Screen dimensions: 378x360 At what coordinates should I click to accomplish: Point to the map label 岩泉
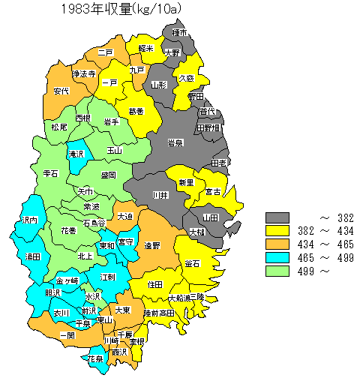click(175, 142)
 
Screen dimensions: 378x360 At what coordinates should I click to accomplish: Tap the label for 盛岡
click(108, 175)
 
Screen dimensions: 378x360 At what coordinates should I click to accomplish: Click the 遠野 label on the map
click(152, 245)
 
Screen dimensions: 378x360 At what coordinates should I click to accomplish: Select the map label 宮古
click(213, 192)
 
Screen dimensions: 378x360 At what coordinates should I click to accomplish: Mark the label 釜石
click(191, 263)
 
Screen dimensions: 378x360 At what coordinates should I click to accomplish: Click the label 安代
click(61, 91)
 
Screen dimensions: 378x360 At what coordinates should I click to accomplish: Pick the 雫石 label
click(51, 173)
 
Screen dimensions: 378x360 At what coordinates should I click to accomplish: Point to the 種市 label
click(179, 34)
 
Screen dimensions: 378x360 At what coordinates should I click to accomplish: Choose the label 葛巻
click(136, 112)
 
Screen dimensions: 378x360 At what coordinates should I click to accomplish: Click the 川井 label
click(160, 195)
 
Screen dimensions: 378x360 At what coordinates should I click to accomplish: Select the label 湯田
click(32, 257)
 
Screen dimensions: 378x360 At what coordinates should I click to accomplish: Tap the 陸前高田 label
click(158, 312)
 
